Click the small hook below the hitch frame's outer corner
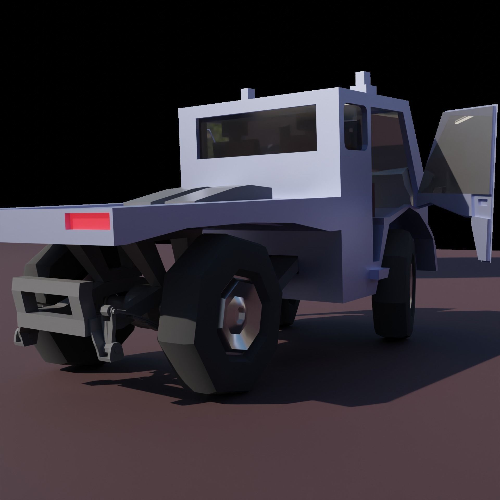[18, 339]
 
